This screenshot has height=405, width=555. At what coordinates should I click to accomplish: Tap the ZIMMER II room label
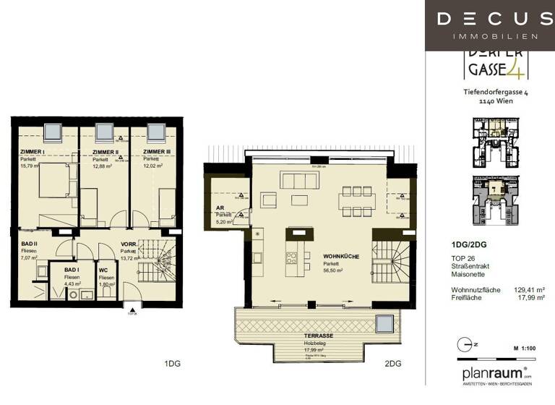(x=105, y=152)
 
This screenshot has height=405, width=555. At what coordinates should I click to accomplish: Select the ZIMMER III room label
(x=158, y=152)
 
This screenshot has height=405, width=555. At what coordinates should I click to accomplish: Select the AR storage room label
(x=220, y=208)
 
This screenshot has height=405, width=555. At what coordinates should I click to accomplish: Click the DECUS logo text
(x=489, y=19)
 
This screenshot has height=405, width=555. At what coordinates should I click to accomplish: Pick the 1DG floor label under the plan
(x=171, y=363)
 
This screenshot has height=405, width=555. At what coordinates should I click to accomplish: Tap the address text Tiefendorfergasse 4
(x=495, y=92)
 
